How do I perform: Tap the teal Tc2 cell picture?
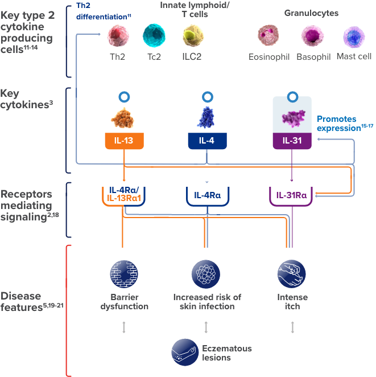pos(154,36)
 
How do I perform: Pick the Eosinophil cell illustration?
pos(269,36)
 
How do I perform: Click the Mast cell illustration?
pos(354,37)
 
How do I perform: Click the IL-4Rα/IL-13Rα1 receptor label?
pos(125,194)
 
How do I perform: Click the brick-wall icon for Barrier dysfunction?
pos(125,274)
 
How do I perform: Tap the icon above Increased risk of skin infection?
pos(206,274)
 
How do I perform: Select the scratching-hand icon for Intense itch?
pos(292,274)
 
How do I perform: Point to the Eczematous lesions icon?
pos(185,353)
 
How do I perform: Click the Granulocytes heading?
pos(311,13)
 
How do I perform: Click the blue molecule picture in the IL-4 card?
pos(208,116)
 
